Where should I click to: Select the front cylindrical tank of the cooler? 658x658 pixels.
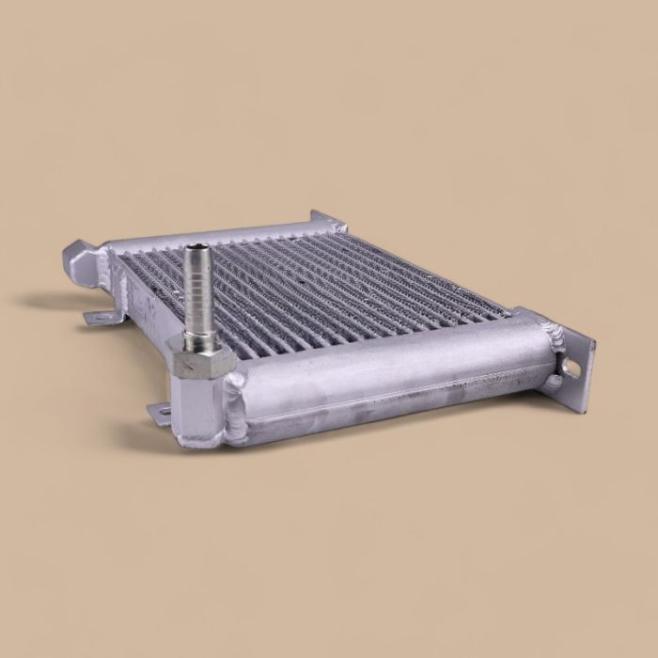pyautogui.click(x=395, y=371)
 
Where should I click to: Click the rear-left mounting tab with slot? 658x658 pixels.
pyautogui.click(x=98, y=318)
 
